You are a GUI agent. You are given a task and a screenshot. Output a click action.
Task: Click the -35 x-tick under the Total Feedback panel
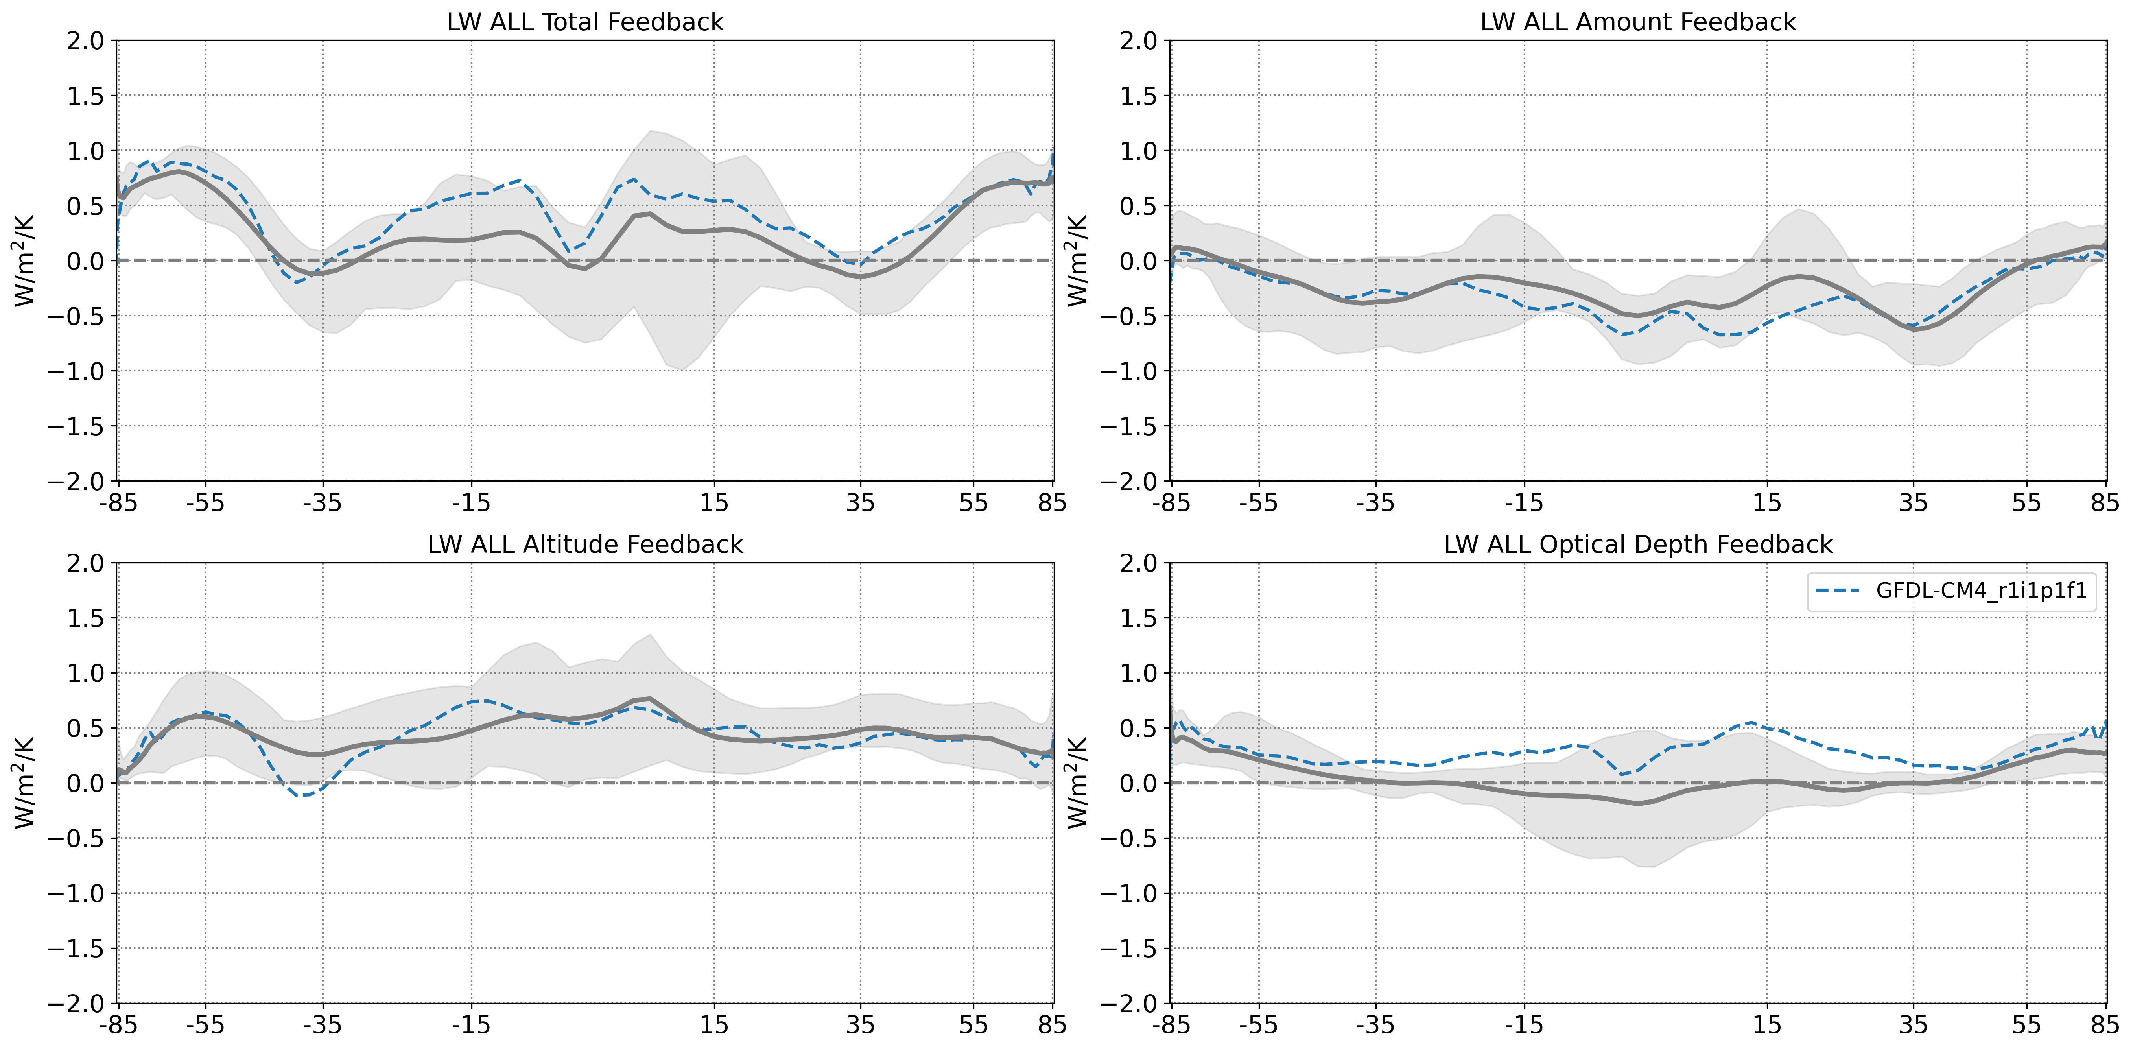tap(322, 503)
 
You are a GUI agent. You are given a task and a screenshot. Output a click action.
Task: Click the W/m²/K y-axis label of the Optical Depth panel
tap(1078, 782)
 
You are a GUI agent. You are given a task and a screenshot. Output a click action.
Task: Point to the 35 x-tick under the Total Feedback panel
tap(860, 503)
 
